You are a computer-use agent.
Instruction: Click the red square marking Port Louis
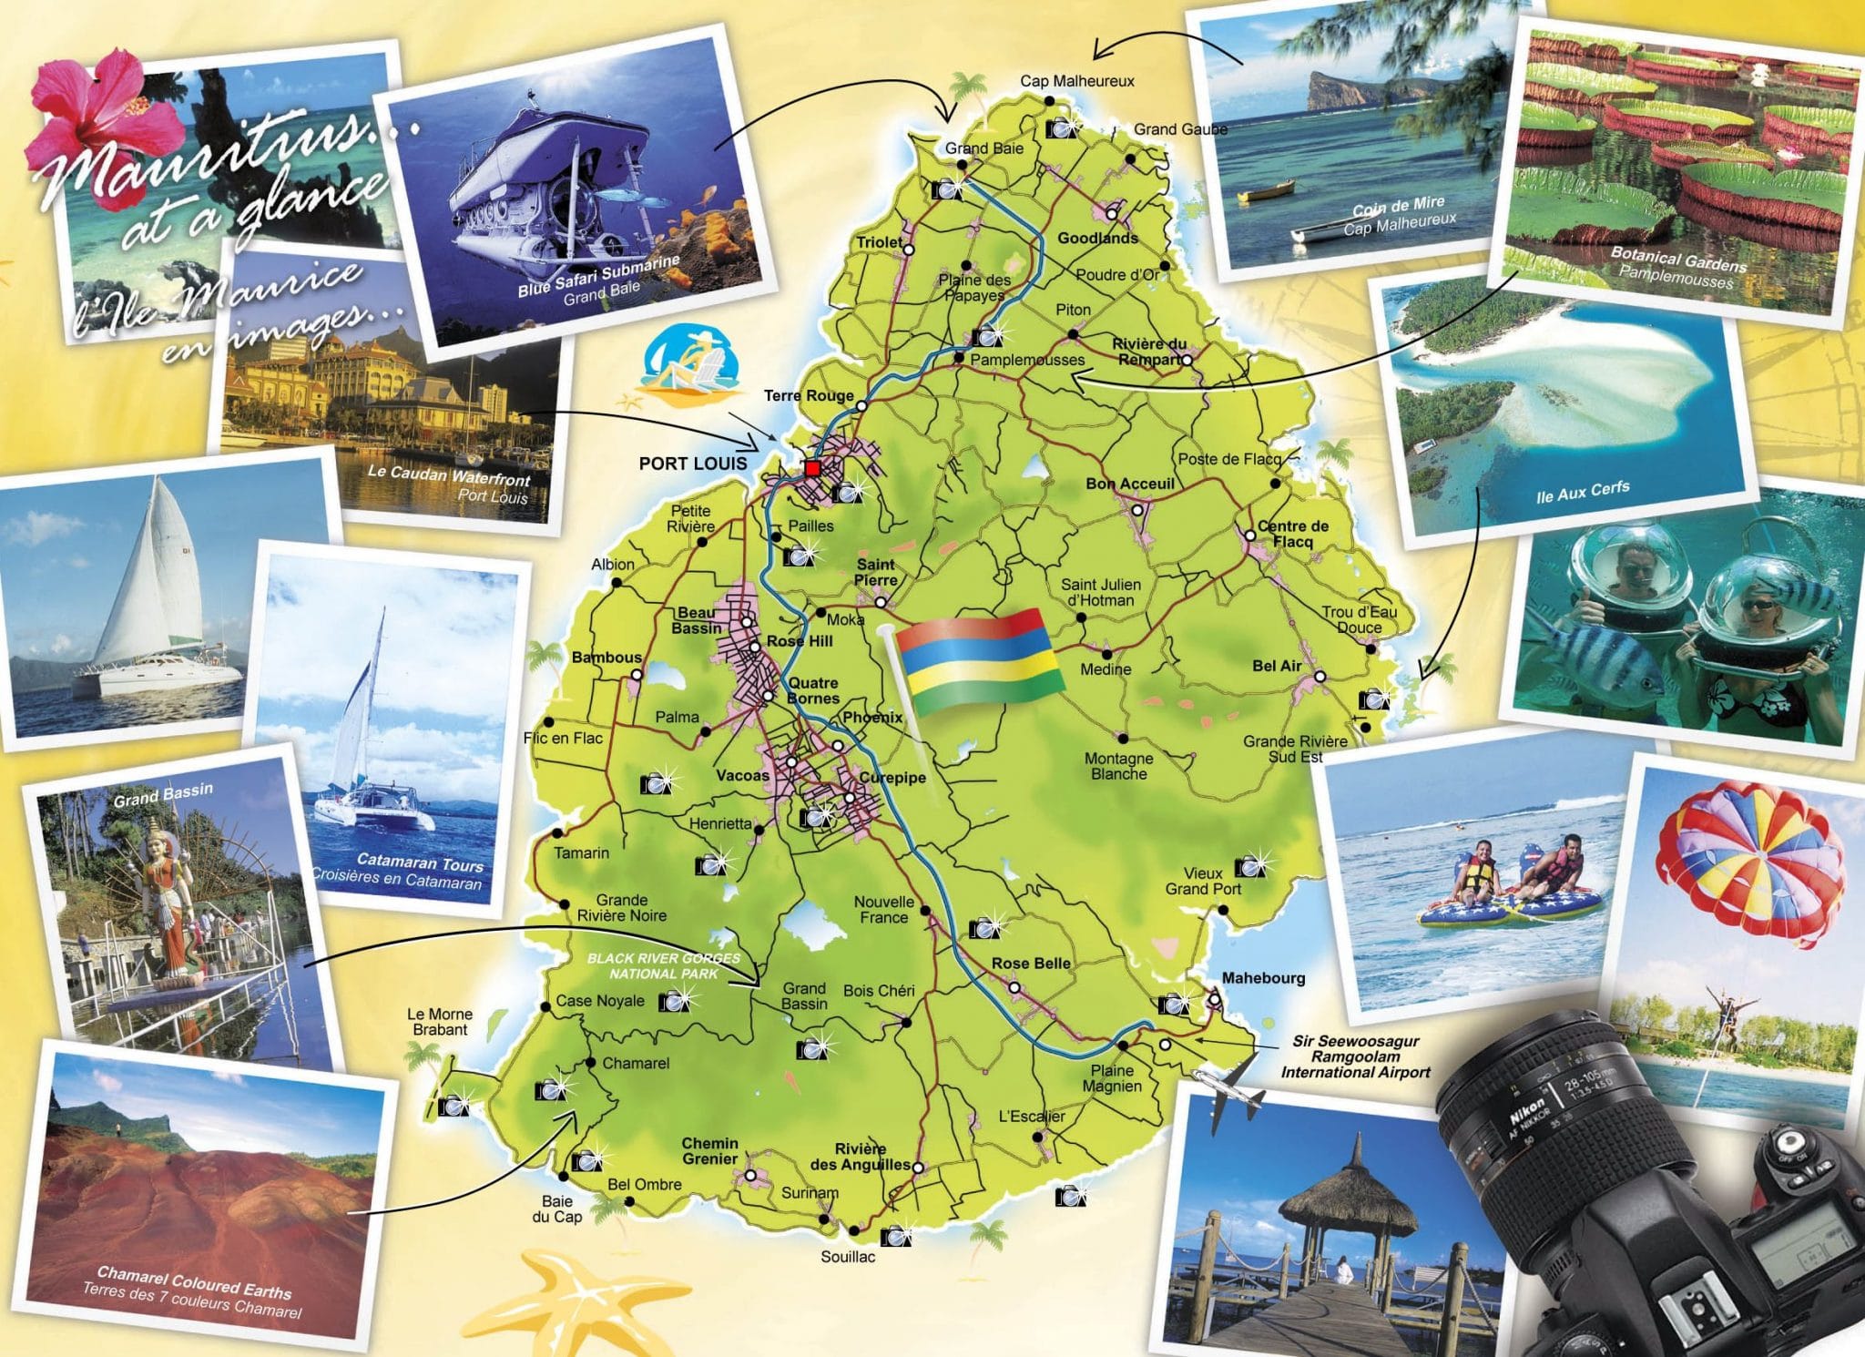coord(812,468)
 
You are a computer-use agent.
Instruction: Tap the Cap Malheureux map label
coord(1076,81)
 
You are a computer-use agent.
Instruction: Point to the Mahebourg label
coord(1263,978)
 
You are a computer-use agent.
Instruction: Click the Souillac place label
coord(848,1257)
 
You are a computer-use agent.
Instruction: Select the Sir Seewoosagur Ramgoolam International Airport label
coord(1355,1056)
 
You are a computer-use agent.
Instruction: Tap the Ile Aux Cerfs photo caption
coord(1582,492)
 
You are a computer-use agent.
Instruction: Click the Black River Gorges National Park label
coord(663,965)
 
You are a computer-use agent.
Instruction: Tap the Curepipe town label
coord(892,778)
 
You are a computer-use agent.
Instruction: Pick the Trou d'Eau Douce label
coord(1359,619)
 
